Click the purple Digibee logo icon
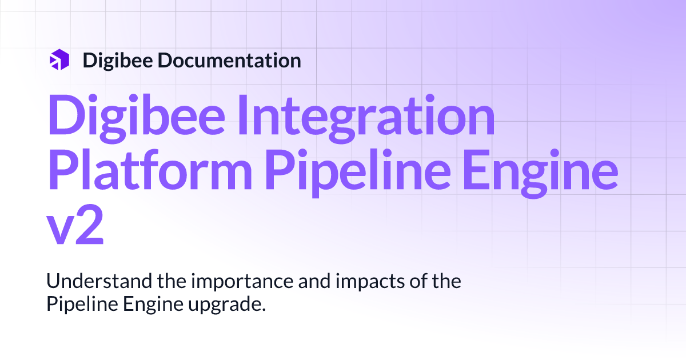(59, 60)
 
